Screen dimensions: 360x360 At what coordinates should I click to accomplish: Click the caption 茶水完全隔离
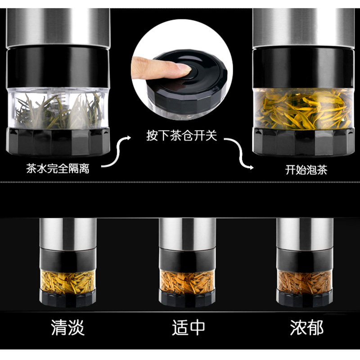[x=58, y=168]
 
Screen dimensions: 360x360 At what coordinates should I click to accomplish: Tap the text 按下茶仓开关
[x=182, y=135]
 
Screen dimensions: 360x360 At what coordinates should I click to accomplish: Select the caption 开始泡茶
[x=306, y=170]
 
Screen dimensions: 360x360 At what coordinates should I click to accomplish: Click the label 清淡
[x=68, y=328]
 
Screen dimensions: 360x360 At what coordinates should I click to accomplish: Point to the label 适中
[x=189, y=328]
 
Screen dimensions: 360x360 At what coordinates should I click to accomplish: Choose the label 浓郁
[x=307, y=328]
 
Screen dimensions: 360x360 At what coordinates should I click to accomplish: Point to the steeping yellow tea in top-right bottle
[x=303, y=109]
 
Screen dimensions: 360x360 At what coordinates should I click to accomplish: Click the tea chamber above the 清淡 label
[x=68, y=282]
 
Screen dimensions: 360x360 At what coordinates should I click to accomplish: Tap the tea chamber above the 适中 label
[x=187, y=282]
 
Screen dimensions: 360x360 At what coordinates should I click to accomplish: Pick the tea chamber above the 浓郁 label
[x=305, y=283]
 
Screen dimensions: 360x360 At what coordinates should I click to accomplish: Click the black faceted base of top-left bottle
[x=58, y=142]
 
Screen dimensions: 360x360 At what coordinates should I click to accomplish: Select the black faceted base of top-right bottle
[x=303, y=142]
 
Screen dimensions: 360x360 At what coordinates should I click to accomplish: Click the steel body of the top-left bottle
[x=58, y=28]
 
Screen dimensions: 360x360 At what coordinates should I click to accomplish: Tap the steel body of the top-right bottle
[x=303, y=28]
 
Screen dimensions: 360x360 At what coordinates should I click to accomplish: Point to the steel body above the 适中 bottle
[x=187, y=234]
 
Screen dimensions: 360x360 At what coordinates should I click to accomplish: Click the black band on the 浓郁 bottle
[x=305, y=260]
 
